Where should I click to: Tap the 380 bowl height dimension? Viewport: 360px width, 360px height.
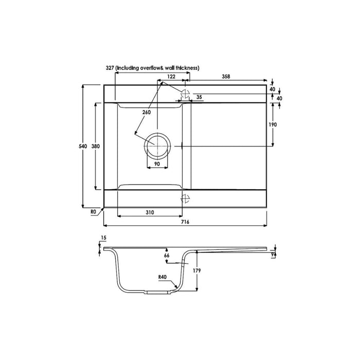point(95,146)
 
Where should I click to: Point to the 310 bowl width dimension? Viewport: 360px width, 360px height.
point(149,211)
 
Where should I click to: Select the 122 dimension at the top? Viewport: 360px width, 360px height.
point(172,76)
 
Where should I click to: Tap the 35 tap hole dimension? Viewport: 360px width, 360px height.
point(199,97)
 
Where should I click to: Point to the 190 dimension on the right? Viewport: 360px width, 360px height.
point(273,124)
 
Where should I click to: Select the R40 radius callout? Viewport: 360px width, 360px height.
point(164,276)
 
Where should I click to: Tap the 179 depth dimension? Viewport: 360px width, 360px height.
point(204,271)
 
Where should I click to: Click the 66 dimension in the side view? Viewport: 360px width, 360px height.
point(166,256)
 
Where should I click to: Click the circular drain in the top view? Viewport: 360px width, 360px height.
point(156,146)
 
